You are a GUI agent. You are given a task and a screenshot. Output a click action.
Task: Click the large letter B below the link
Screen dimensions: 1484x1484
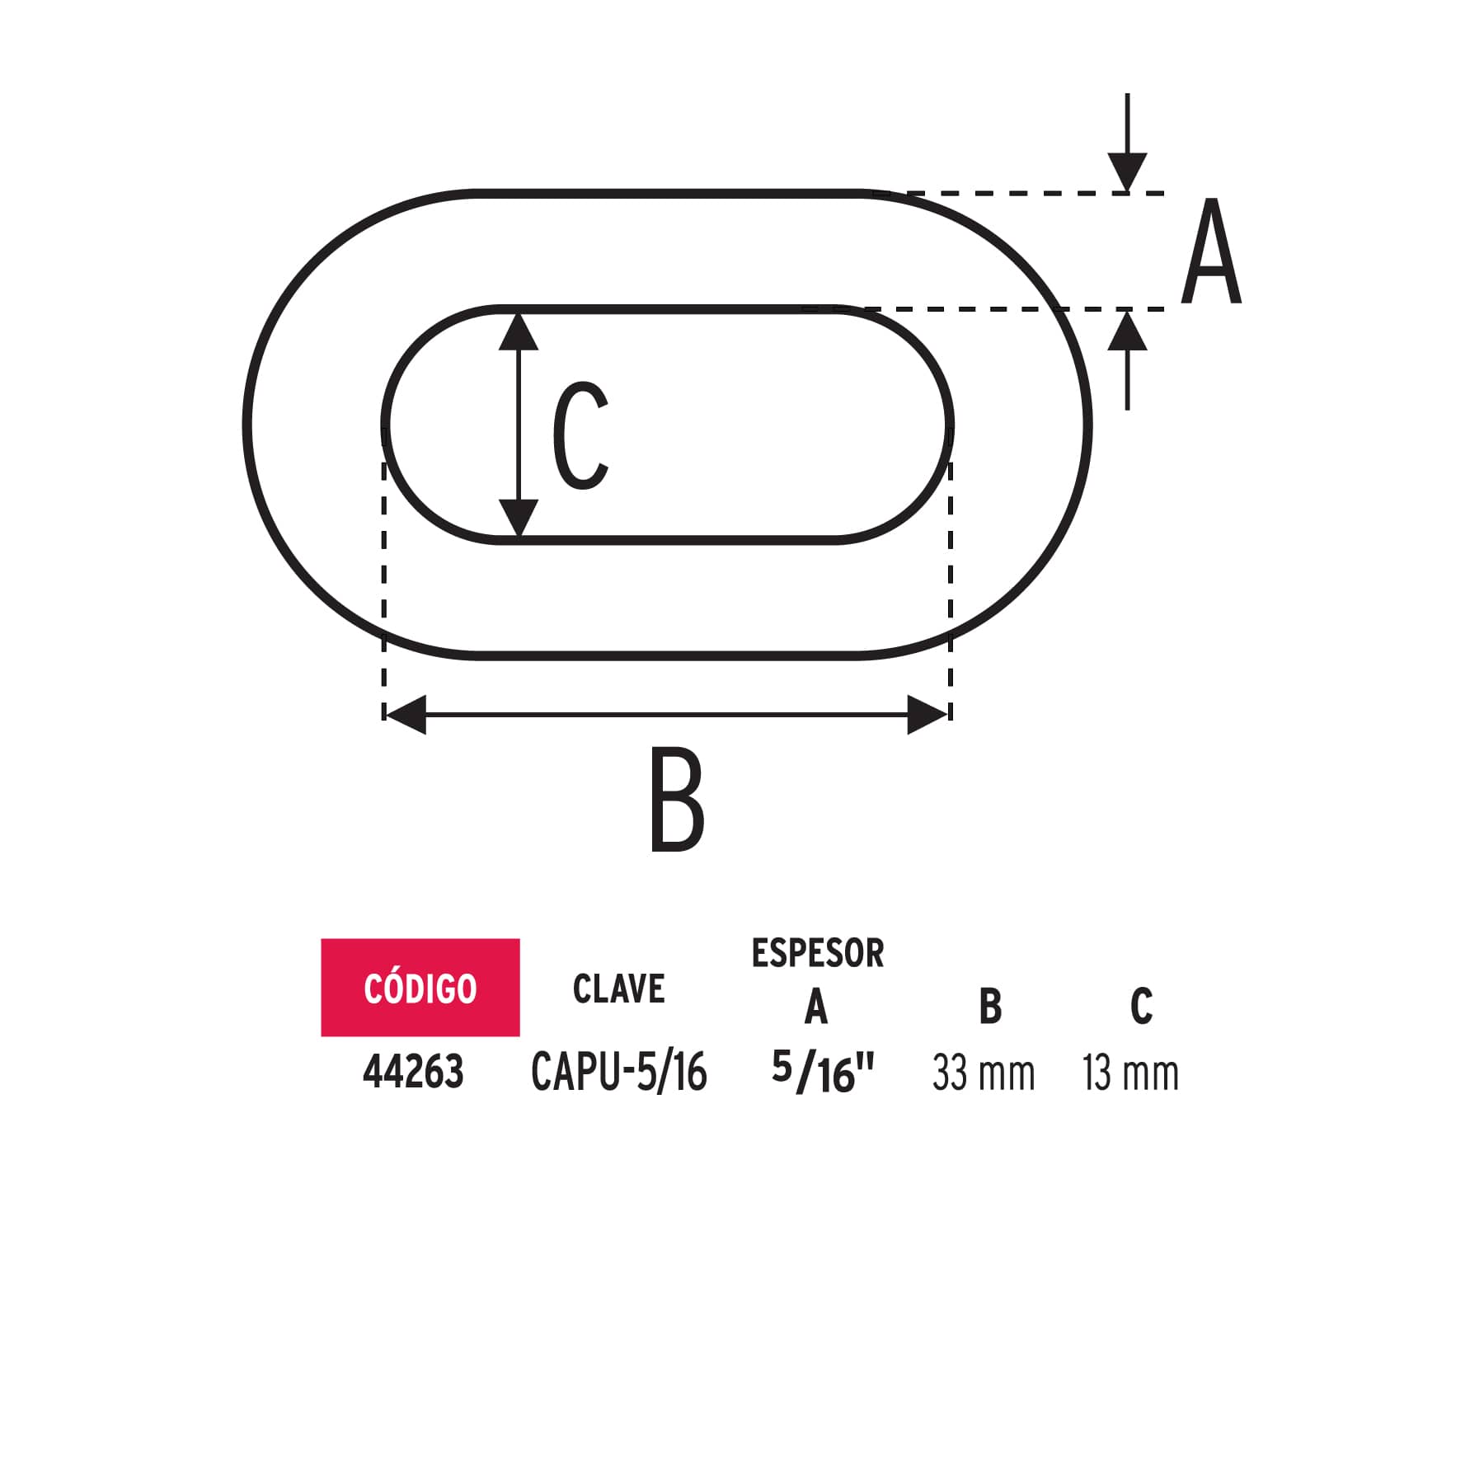[677, 799]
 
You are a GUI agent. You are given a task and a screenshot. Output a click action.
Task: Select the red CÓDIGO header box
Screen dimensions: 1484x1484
[420, 987]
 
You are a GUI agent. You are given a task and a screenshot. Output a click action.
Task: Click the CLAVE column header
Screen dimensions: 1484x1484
[618, 989]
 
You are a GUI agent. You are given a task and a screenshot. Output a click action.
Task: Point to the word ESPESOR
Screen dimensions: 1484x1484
[817, 954]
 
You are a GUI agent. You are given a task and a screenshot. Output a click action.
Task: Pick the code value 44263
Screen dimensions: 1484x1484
[413, 1073]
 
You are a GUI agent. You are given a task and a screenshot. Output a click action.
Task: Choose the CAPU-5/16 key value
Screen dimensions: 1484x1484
[618, 1073]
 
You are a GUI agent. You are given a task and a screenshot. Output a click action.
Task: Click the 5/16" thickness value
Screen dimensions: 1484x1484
[822, 1073]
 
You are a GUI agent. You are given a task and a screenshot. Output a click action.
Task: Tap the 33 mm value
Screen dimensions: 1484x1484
[983, 1073]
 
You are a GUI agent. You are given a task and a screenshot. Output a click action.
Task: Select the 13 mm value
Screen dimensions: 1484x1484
[1130, 1073]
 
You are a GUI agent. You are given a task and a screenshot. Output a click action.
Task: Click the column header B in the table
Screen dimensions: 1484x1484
[990, 1007]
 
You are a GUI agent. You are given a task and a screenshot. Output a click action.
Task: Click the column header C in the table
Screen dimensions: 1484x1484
[1141, 1007]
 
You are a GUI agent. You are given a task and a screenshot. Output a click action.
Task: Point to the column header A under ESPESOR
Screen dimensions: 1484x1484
[816, 1007]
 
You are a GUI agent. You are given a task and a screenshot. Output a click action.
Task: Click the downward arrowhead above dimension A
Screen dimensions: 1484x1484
[1127, 173]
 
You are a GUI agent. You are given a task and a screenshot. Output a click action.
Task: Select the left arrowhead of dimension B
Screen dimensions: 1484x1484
[406, 714]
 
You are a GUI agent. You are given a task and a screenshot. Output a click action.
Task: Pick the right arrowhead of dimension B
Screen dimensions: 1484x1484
[927, 714]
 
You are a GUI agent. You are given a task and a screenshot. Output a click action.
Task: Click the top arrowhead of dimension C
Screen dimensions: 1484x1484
[519, 331]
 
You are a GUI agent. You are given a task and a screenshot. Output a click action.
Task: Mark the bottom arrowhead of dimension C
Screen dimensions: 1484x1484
[519, 519]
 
